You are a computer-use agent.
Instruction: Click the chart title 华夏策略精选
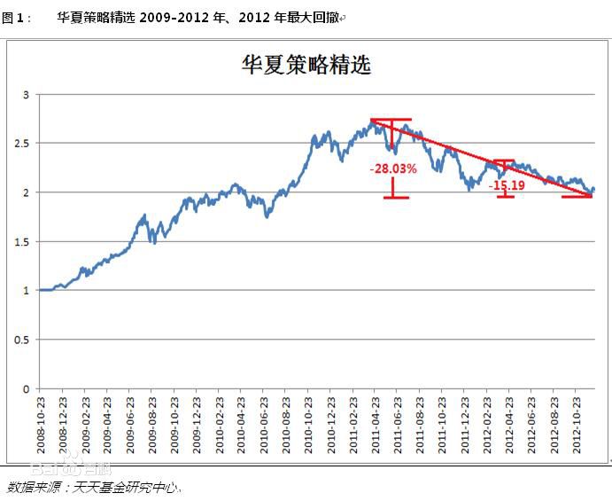[x=306, y=64]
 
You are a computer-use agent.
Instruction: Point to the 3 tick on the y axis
[x=27, y=94]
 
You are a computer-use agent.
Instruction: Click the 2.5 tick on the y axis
[x=23, y=143]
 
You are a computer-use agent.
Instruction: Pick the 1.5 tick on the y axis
[x=23, y=241]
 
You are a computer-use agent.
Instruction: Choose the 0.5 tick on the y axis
[x=23, y=340]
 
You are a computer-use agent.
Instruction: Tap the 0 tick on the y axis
[x=27, y=388]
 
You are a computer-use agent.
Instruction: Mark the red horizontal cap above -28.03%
[x=391, y=120]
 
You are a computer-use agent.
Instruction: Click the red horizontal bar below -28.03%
[x=396, y=197]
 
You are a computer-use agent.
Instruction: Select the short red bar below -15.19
[x=506, y=196]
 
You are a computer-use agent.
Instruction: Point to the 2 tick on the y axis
[x=27, y=192]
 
